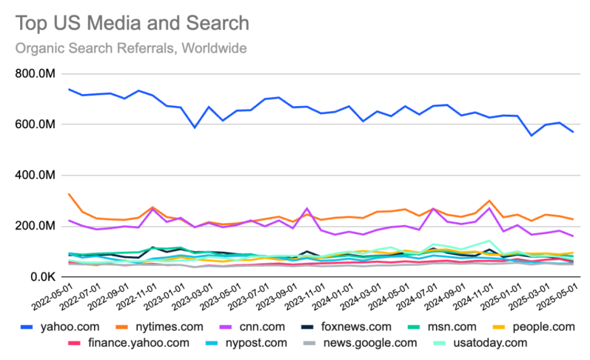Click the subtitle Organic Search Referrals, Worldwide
[x=131, y=48]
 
